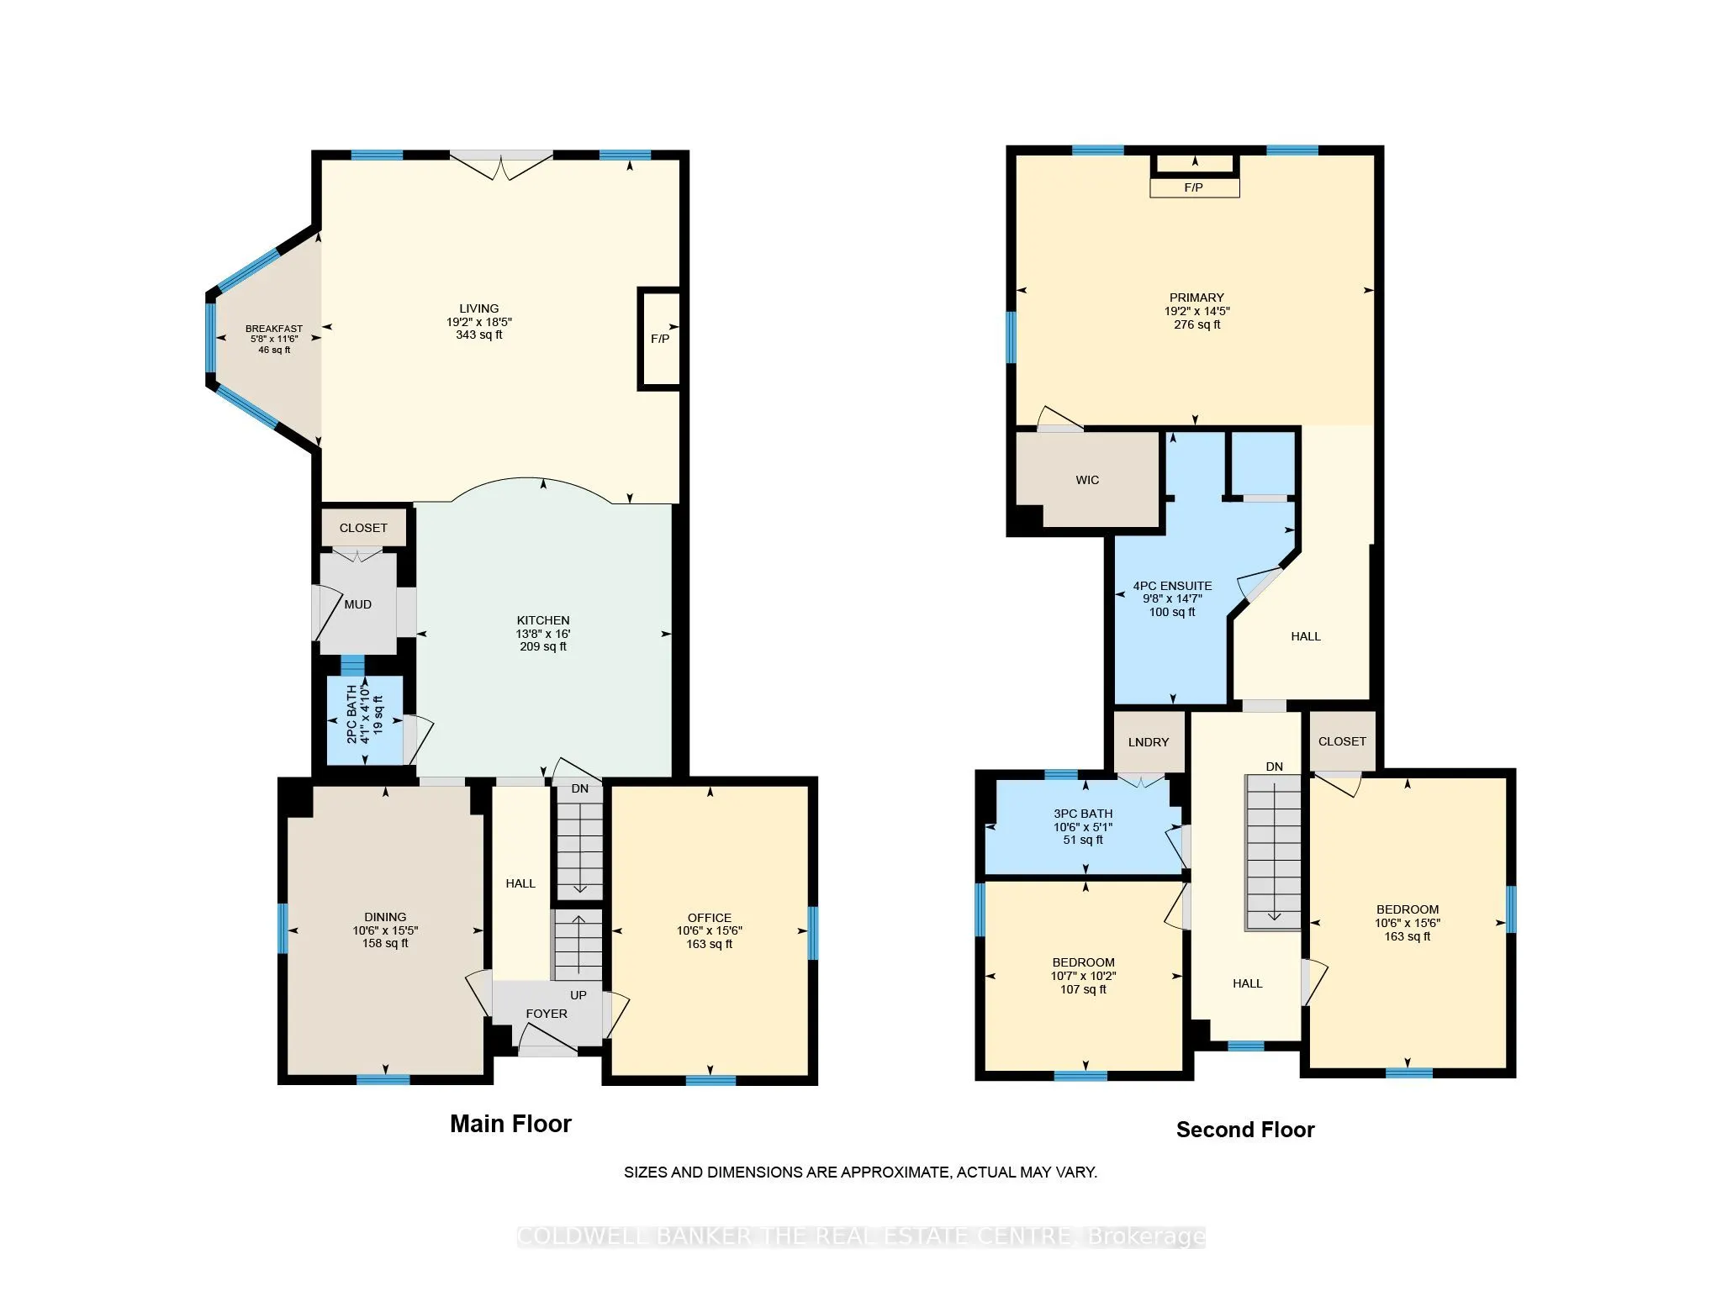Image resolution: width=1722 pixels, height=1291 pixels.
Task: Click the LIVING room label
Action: tap(479, 308)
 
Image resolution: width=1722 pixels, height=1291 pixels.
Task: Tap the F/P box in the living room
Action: tap(660, 339)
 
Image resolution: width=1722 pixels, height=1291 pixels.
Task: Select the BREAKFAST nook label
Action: tap(274, 329)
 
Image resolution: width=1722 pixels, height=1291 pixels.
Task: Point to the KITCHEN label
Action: tap(543, 620)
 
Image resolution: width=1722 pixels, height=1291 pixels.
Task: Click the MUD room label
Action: tap(358, 604)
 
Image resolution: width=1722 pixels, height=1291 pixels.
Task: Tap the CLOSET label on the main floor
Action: tap(363, 528)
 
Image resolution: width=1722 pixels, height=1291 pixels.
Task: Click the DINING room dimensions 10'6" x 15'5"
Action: tap(385, 930)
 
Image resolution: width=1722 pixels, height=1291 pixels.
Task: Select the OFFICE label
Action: tap(710, 918)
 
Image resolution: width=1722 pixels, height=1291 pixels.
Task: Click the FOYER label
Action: tap(547, 1014)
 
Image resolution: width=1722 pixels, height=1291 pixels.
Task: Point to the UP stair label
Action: tap(578, 995)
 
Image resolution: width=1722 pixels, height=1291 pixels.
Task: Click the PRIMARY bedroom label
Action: tap(1196, 298)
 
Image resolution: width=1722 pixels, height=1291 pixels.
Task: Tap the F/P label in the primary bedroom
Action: tap(1193, 187)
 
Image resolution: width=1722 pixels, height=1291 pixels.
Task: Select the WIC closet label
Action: tap(1087, 480)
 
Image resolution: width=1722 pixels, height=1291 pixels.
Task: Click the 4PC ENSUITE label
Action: tap(1172, 586)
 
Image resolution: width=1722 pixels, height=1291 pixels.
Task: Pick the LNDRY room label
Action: tap(1149, 742)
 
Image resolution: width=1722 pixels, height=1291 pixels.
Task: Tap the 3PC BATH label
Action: tap(1083, 814)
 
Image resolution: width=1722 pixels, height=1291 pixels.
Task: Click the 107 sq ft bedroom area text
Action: tap(1083, 989)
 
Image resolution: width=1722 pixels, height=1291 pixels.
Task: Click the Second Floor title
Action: tap(1245, 1130)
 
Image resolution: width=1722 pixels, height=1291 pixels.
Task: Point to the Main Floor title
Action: tap(510, 1124)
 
